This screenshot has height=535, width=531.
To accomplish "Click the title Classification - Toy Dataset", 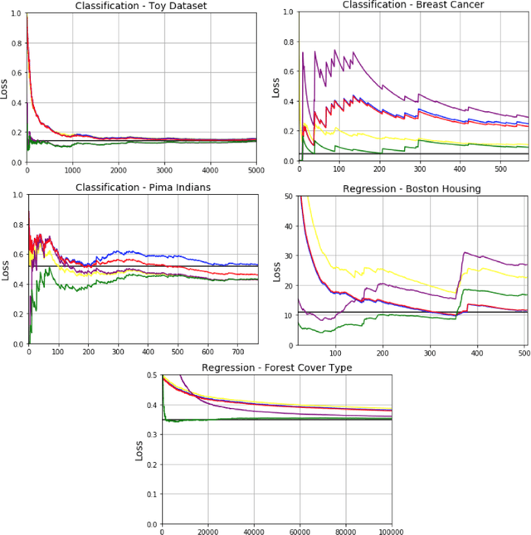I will coord(142,6).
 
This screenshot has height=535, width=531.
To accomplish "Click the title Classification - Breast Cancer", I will coord(413,5).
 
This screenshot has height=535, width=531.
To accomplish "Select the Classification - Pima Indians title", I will coord(142,187).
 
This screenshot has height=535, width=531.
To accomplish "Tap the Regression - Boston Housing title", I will coord(412,188).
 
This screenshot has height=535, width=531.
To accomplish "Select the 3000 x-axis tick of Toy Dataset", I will coord(164,170).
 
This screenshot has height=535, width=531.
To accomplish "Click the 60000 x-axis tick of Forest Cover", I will coord(299,532).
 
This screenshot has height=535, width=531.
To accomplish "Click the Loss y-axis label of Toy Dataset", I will coord(5,88).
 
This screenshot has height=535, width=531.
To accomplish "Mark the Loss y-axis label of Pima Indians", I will coord(5,270).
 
